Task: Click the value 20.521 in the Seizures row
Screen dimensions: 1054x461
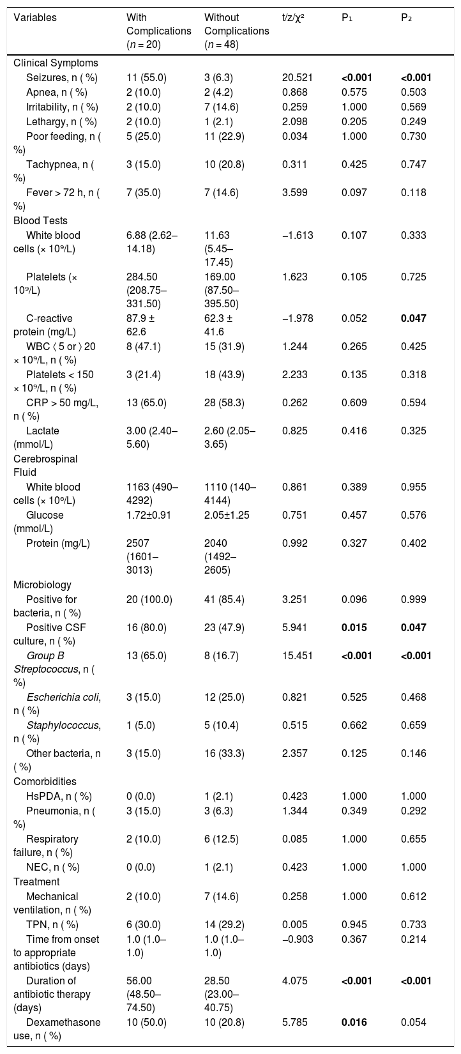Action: [297, 78]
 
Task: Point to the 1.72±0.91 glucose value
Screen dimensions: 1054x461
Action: [148, 515]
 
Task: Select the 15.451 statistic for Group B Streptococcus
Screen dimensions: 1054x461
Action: [297, 655]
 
